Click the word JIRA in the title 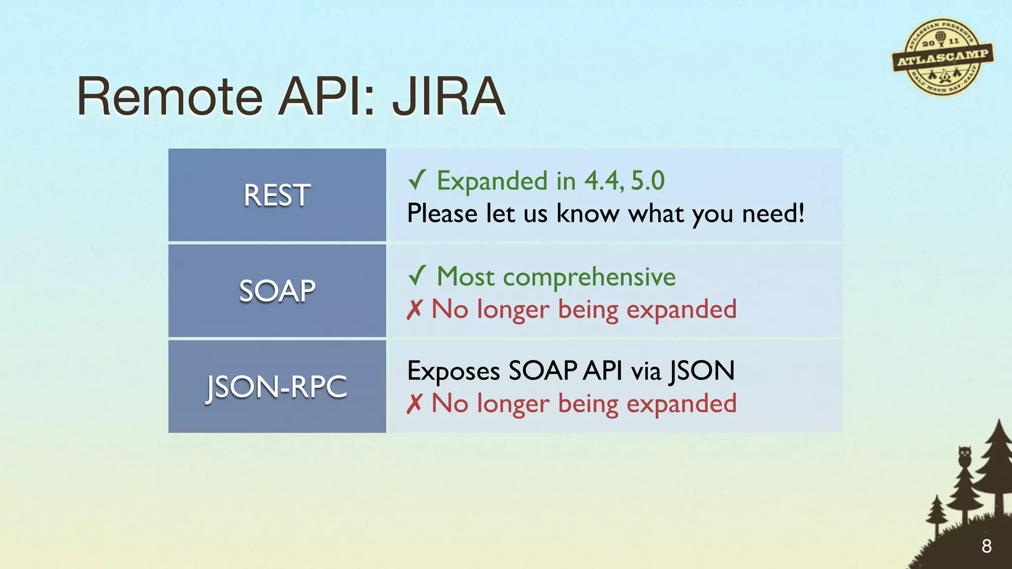(449, 97)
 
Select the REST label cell (277, 195)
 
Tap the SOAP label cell (277, 290)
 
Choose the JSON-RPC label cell (277, 386)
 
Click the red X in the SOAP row (414, 310)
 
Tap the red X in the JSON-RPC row (414, 404)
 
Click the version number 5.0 (647, 181)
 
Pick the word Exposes (453, 371)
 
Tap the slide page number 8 (986, 546)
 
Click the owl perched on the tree (965, 455)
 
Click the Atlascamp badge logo (942, 57)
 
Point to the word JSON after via (702, 371)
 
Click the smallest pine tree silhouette (936, 514)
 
